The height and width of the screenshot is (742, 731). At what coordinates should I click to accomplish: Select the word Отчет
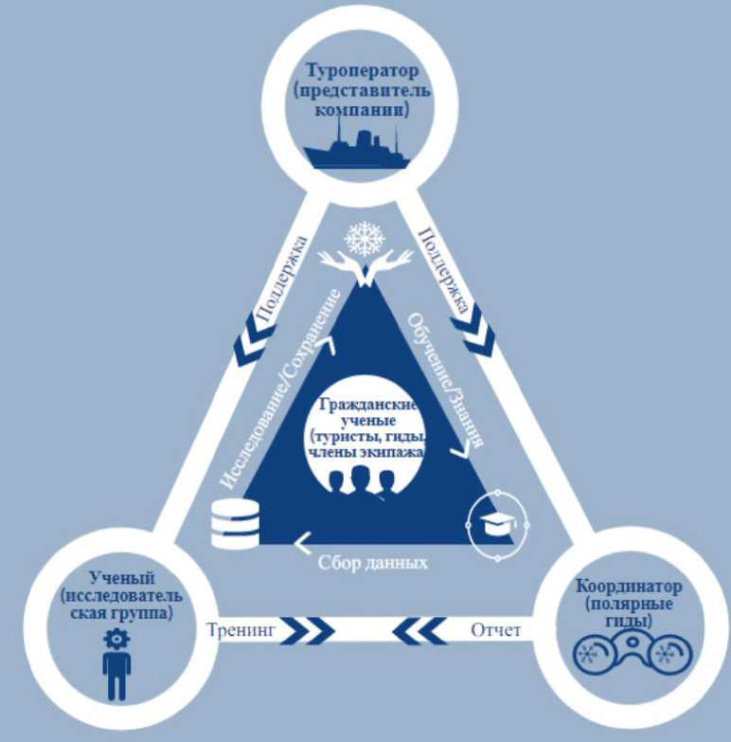tap(495, 629)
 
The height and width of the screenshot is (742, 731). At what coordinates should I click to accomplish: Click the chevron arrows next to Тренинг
tap(308, 629)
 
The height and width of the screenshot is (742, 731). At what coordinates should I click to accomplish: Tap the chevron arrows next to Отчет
tap(419, 629)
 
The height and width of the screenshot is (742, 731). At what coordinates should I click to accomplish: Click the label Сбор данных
tap(372, 561)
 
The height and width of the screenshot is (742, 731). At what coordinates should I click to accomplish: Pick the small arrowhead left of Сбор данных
tap(304, 543)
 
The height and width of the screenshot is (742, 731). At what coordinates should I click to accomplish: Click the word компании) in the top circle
tap(361, 111)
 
